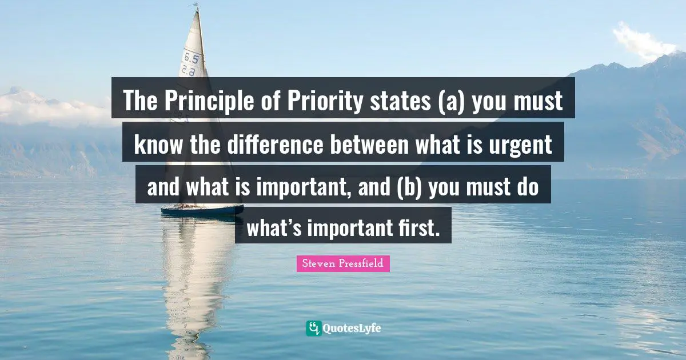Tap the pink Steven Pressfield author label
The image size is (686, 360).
coord(343,263)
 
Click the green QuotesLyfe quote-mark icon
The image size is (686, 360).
coord(313,328)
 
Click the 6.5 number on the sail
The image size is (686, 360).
coord(191,58)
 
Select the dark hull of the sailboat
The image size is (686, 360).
coord(202,210)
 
